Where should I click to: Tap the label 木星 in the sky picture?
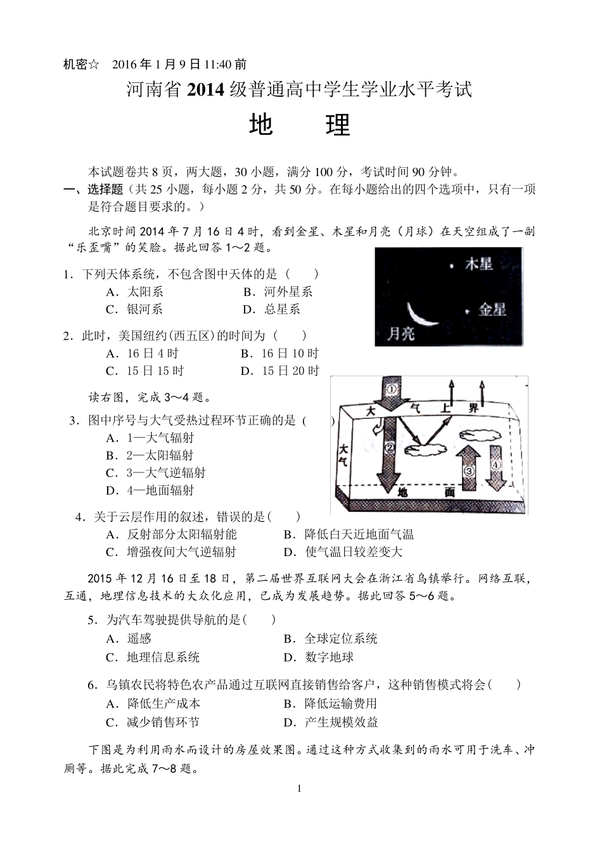pos(479,263)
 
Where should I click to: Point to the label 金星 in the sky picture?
pos(492,309)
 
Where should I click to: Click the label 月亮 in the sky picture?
pos(401,334)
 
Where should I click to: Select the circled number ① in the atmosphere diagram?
pos(392,388)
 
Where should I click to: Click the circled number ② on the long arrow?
pos(390,448)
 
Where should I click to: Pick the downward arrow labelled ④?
pos(496,469)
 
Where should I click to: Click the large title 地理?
pos(300,125)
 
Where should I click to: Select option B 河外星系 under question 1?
pos(278,292)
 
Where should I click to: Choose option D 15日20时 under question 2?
pos(279,371)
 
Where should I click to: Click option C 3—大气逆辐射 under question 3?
pos(156,473)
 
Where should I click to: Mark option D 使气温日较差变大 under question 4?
pos(343,552)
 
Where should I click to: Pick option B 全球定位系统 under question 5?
pos(330,638)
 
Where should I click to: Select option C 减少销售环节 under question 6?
pos(153,722)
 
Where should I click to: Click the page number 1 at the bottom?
pos(299,789)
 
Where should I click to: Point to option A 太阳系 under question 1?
pos(135,292)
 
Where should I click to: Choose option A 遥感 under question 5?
pos(129,638)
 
